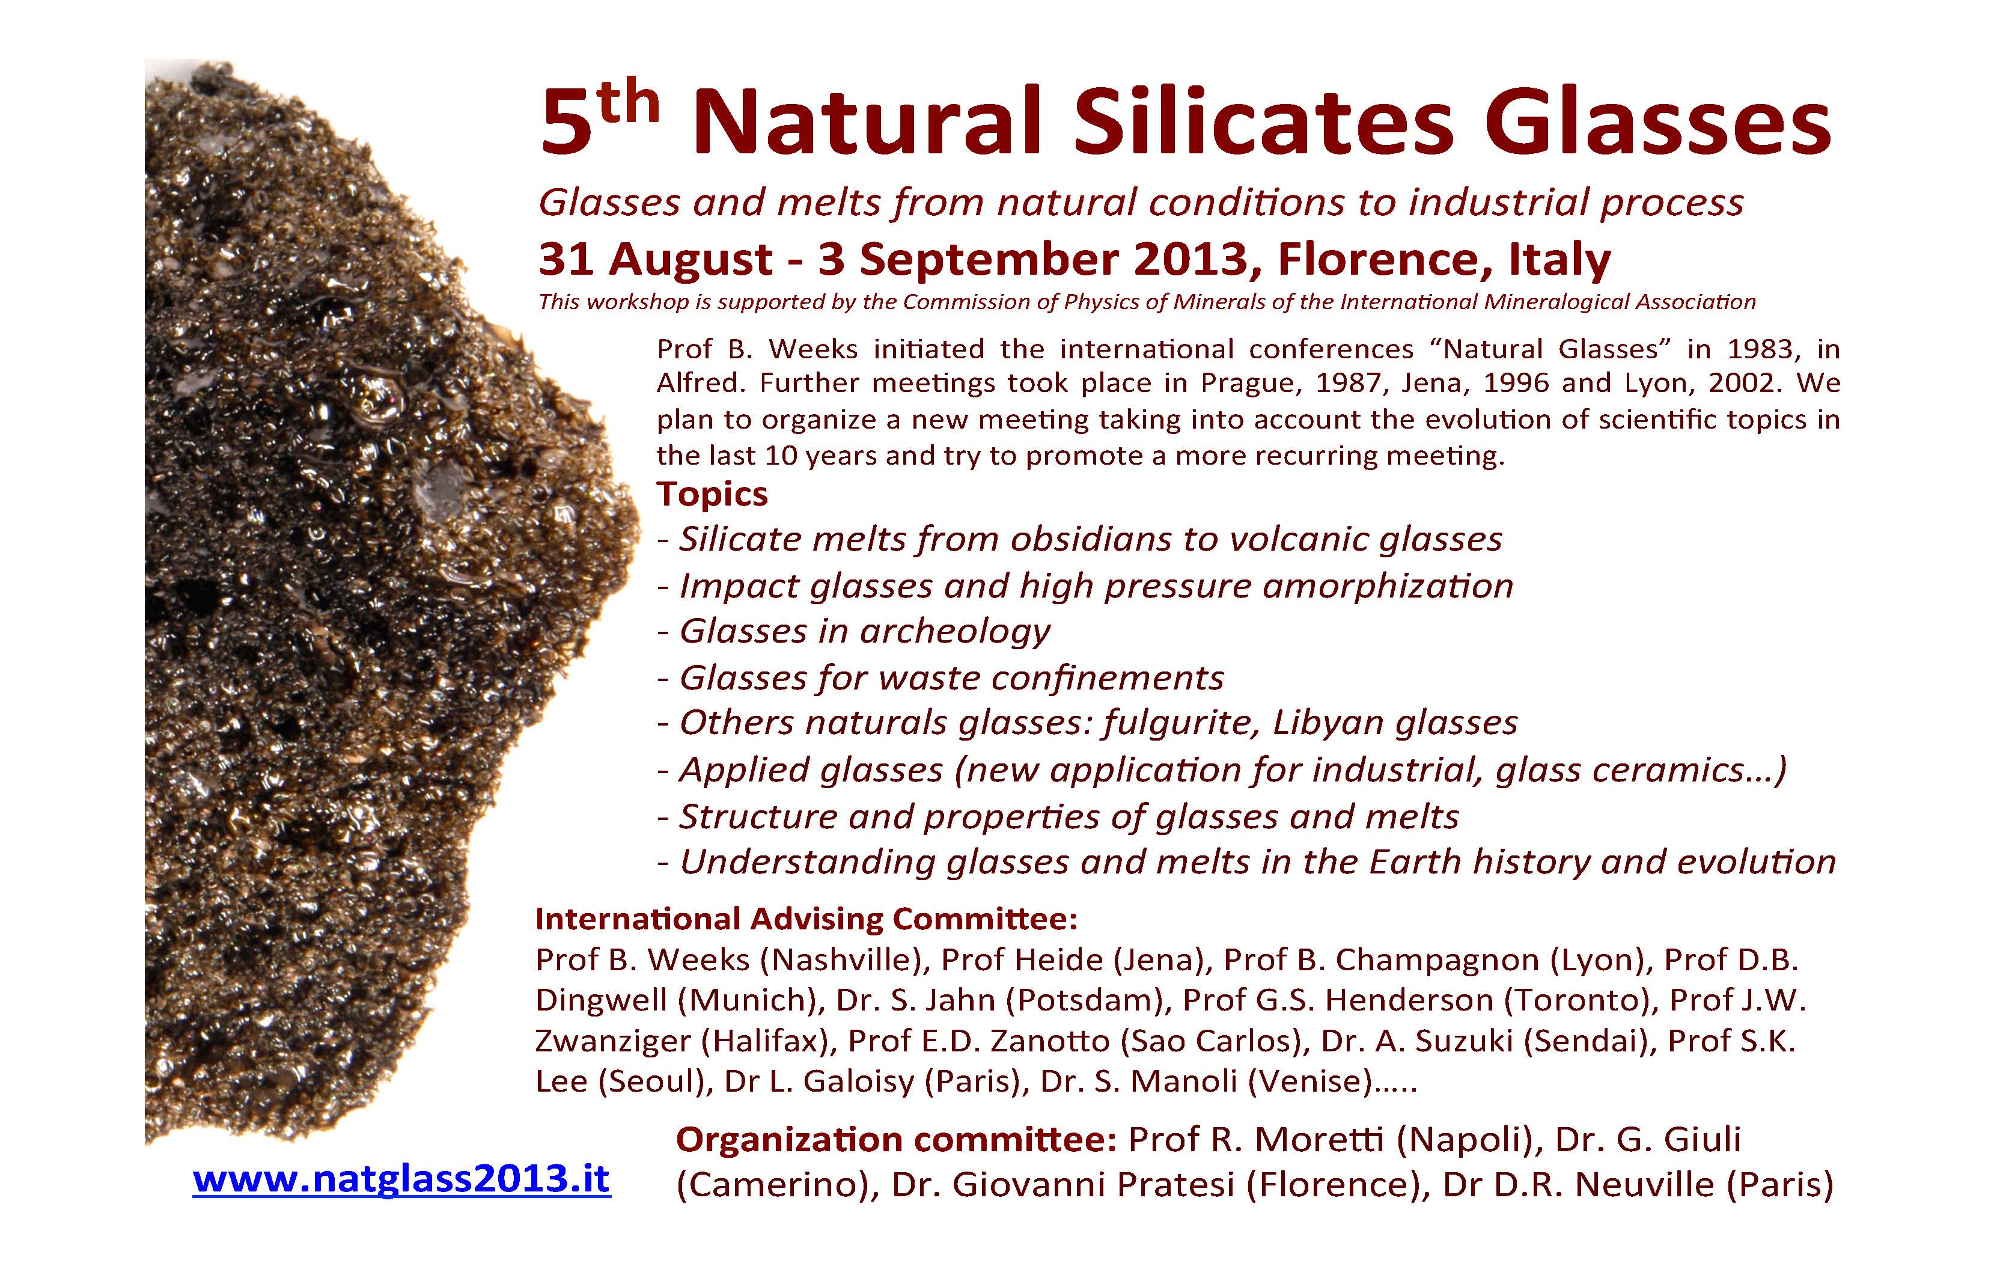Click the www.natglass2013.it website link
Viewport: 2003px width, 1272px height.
pyautogui.click(x=402, y=1179)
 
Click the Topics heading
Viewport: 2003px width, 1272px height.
pyautogui.click(x=712, y=494)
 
